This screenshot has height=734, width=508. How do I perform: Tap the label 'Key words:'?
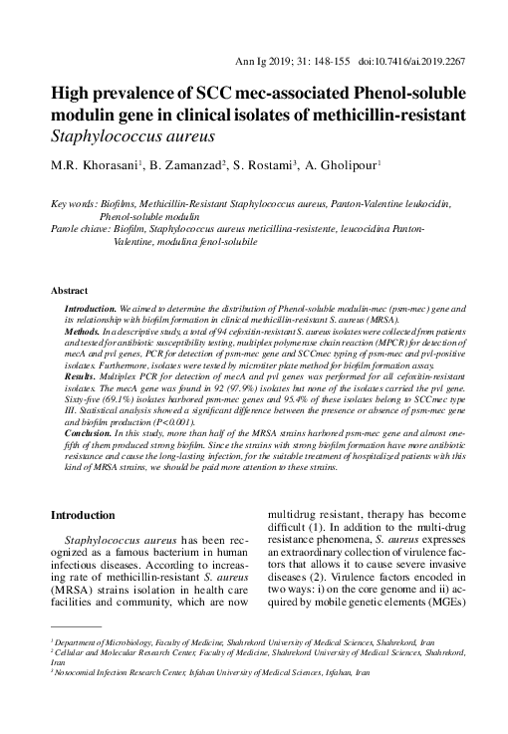point(75,203)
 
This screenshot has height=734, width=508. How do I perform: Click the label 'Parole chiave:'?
point(84,228)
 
